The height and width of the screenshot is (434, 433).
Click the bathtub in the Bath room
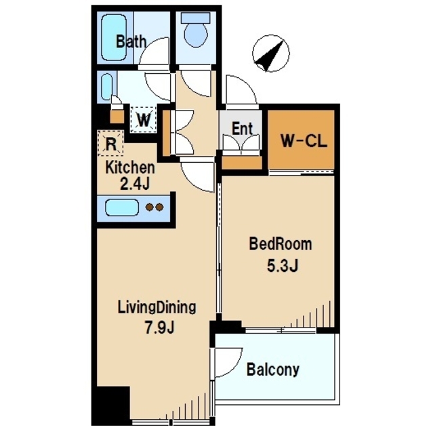(115, 37)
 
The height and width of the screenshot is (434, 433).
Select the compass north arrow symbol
(271, 54)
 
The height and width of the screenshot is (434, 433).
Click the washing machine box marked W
(144, 119)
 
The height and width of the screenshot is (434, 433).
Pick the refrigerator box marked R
(110, 143)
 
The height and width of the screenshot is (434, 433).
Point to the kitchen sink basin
(122, 208)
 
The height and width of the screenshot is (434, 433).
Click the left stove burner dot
(150, 207)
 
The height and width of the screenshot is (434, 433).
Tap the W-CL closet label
(304, 141)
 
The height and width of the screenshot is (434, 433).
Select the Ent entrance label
(242, 129)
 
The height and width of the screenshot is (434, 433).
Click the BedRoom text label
(281, 244)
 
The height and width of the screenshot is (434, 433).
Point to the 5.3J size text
(283, 266)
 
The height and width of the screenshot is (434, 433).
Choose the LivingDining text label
(157, 307)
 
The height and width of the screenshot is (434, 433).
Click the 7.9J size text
(159, 328)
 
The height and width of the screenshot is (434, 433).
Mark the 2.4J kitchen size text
(135, 184)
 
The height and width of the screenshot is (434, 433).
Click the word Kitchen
(130, 167)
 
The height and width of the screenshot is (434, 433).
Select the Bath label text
(131, 41)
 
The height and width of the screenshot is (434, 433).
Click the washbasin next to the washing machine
(107, 87)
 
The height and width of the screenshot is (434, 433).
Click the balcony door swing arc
(235, 366)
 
